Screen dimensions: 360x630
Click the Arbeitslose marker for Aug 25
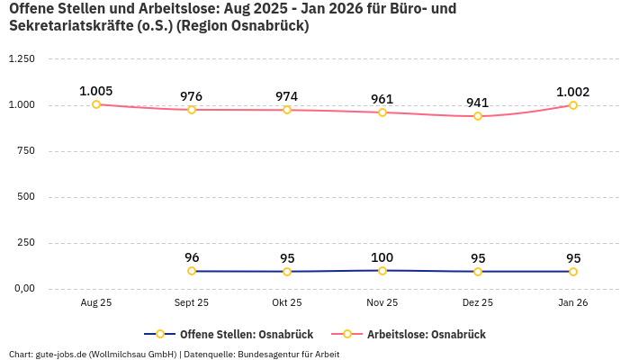point(96,104)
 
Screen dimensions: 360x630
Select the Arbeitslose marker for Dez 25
point(478,116)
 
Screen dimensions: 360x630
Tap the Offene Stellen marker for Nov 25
point(382,271)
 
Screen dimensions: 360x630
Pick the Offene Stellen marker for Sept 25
point(192,271)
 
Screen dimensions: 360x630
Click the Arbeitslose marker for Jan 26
point(573,105)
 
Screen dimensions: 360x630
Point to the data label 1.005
point(96,91)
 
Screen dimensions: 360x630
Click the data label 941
point(478,103)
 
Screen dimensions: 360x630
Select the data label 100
point(382,257)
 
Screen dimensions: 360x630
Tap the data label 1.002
point(573,92)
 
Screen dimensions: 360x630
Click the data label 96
point(192,257)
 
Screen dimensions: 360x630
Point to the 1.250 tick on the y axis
point(21,58)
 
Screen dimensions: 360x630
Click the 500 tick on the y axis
point(26,197)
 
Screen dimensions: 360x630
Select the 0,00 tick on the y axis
point(23,289)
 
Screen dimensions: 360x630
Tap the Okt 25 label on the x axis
point(287,303)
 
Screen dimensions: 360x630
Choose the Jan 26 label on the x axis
point(573,303)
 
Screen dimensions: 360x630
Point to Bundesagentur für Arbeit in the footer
point(288,354)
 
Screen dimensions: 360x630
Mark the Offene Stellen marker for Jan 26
point(573,272)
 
